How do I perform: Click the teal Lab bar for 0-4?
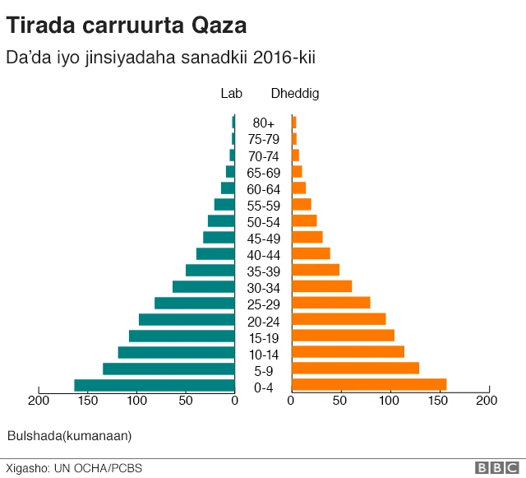point(155,385)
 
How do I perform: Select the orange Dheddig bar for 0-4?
point(369,385)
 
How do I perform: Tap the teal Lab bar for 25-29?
point(195,303)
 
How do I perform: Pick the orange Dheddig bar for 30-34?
point(322,286)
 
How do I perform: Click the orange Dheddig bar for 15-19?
point(344,336)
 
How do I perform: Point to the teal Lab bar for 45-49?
point(219,237)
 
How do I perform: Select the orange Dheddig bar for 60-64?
point(299,188)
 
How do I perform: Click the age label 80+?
point(264,123)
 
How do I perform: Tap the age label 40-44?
point(264,255)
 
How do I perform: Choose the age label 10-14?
point(264,355)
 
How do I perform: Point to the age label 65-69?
point(264,173)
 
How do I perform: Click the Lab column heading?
point(232,94)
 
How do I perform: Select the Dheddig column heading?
point(295,94)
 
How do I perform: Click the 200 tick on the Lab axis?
point(38,401)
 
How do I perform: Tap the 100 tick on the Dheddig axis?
point(390,401)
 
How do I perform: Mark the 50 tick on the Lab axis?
point(186,401)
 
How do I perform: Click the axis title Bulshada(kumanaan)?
point(69,435)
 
